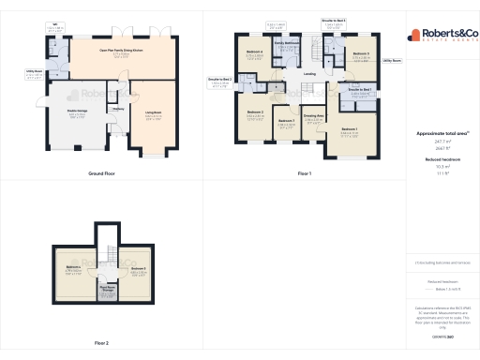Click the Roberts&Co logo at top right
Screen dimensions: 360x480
coord(442,36)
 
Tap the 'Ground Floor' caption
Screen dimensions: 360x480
coord(101,173)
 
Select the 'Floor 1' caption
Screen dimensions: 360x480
coord(304,173)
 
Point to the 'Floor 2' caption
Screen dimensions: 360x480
coord(101,343)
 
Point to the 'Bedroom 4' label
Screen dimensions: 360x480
coord(255,52)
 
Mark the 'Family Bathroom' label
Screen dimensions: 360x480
coord(287,43)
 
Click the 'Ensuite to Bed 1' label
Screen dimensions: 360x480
coord(360,89)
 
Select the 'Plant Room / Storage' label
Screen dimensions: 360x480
coord(108,289)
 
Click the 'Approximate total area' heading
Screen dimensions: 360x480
coord(441,133)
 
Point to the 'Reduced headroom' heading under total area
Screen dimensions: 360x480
coord(441,159)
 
